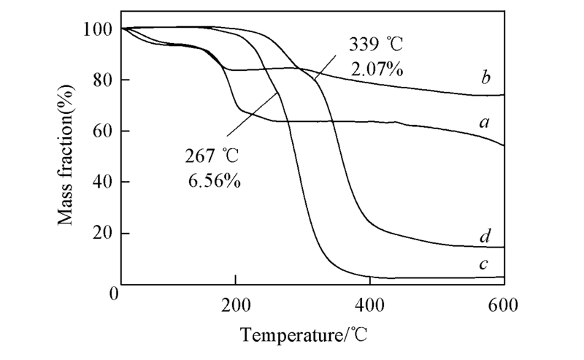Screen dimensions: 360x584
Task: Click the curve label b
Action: [485, 78]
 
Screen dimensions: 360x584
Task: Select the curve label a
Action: [483, 123]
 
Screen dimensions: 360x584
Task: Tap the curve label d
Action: [485, 236]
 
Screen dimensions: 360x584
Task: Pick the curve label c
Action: [483, 264]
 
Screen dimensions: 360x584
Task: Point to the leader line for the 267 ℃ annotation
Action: [251, 115]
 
